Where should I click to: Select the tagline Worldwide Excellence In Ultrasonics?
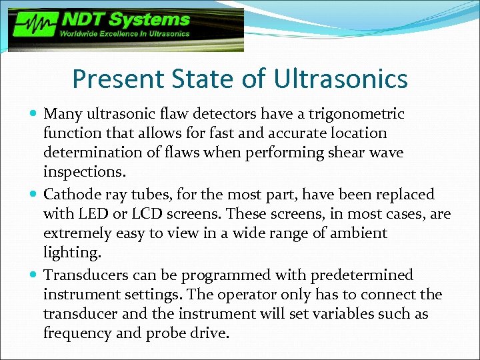[125, 33]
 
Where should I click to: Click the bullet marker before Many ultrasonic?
[34, 115]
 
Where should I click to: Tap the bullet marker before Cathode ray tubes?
[34, 195]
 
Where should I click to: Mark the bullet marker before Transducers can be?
[34, 275]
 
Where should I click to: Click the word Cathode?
[71, 195]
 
